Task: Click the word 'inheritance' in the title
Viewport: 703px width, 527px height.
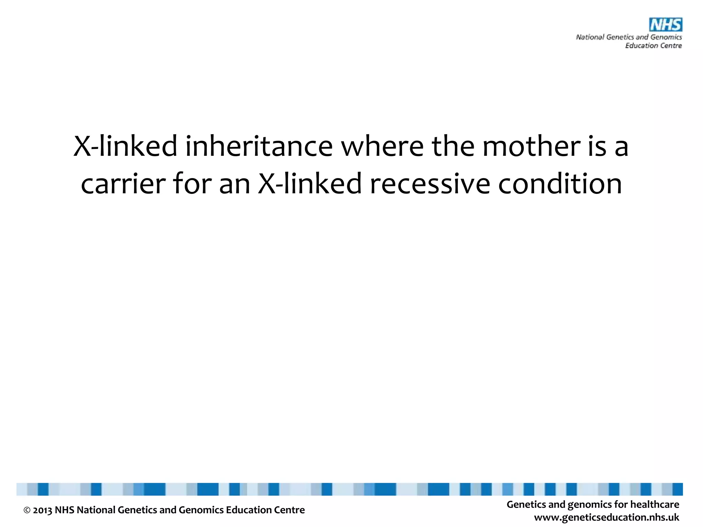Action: (x=259, y=146)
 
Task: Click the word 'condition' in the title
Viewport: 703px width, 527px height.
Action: (x=560, y=184)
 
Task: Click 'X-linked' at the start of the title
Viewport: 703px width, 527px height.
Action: (x=125, y=146)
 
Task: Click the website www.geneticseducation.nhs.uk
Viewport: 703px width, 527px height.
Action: (x=607, y=517)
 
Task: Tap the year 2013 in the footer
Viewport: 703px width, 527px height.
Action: (x=42, y=510)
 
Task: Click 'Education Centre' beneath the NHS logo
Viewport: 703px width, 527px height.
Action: (x=653, y=46)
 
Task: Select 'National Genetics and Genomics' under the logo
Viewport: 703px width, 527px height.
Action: (x=629, y=37)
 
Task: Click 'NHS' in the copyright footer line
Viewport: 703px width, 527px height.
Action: (x=64, y=510)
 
